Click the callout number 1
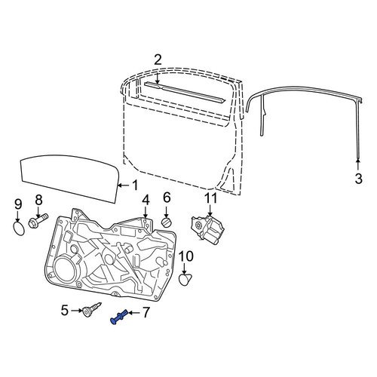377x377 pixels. pos(135,185)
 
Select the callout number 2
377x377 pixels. pos(158,60)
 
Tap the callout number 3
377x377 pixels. pos(359,179)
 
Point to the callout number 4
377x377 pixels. pos(146,201)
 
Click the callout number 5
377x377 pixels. pos(65,311)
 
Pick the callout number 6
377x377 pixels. pos(167,198)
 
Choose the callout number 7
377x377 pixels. pos(146,312)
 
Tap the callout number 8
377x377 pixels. pos(38,201)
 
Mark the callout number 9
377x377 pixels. pos(18,204)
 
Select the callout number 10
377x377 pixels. pos(186,256)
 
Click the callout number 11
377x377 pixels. pos(210,198)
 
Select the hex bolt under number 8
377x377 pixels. pos(38,220)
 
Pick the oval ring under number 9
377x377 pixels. pos(19,228)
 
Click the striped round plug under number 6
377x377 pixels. pos(166,222)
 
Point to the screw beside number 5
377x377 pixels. pos(91,310)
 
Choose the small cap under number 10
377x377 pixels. pos(185,280)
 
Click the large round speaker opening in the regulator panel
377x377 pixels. pos(64,269)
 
